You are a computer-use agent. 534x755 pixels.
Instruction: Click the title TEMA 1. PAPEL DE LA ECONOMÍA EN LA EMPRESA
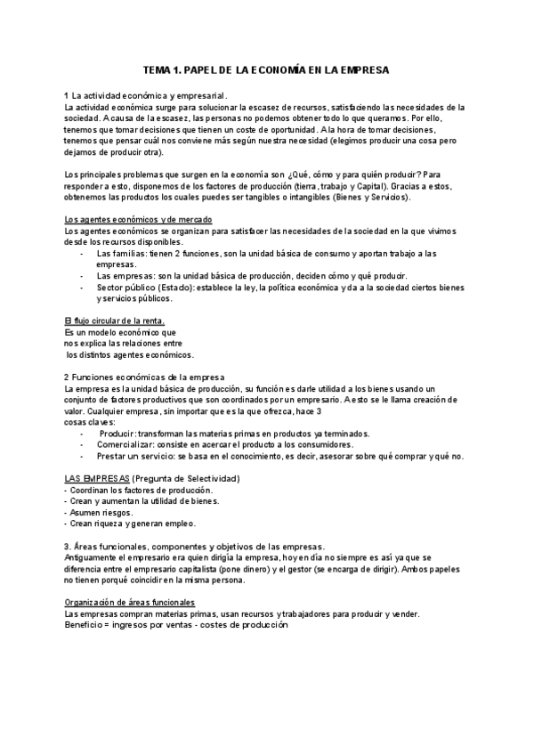266,69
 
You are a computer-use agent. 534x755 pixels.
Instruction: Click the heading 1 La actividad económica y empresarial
146,95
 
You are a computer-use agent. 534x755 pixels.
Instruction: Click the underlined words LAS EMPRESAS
91,479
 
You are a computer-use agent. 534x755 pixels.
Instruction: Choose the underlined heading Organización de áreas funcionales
130,578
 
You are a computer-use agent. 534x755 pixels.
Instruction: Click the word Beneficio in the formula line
85,600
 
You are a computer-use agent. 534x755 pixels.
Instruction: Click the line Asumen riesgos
99,512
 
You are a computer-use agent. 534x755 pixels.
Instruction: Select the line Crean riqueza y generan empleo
130,524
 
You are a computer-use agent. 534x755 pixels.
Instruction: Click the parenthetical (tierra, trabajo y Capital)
348,186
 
